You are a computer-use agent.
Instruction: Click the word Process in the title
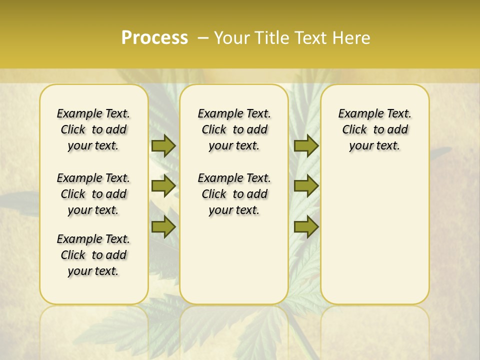coord(154,38)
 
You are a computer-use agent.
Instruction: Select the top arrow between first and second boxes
coord(163,145)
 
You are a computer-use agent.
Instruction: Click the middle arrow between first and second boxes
coord(163,186)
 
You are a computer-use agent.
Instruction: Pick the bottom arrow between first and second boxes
coord(163,227)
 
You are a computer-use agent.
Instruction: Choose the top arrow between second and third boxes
coord(306,145)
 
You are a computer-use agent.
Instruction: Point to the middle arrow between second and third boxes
coord(306,186)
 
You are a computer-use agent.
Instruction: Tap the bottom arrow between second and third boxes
coord(306,227)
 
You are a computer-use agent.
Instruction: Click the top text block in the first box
coord(93,129)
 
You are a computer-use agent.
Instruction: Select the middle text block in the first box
coord(93,194)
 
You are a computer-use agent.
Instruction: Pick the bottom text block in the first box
coord(93,255)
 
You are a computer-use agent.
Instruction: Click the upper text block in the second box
coord(234,129)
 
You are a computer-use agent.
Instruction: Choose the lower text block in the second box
coord(234,194)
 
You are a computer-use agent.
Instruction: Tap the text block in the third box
coord(374,129)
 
